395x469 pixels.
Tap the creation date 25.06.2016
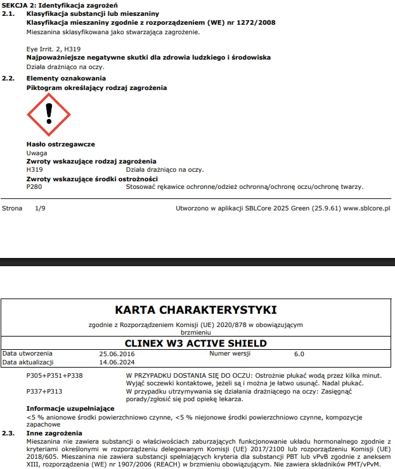[117, 353]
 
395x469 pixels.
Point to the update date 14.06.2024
[117, 362]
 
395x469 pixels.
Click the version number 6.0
[299, 353]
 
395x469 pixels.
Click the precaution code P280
[34, 187]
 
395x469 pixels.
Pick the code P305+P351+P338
[55, 375]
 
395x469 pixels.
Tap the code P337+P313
[44, 392]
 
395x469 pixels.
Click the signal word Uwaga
[37, 153]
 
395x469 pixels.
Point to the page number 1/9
[41, 207]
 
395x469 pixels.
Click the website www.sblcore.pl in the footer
[366, 207]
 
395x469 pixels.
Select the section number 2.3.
[8, 433]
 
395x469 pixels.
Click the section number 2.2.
[8, 79]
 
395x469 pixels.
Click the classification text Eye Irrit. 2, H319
[53, 49]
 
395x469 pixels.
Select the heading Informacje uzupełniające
[70, 409]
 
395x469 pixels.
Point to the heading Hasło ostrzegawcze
[60, 145]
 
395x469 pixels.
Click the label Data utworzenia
[28, 353]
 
